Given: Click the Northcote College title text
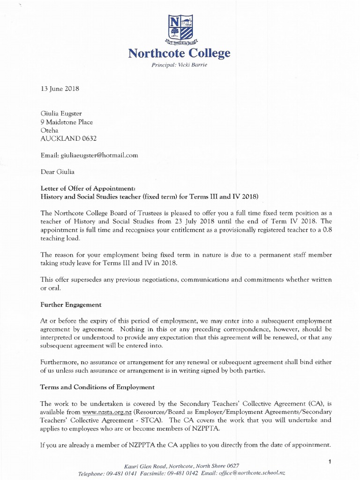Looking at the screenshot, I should [x=180, y=53].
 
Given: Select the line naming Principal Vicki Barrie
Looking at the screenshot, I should [x=180, y=65].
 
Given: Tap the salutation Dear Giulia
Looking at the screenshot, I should [x=57, y=171].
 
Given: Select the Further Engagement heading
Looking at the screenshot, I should [x=70, y=304].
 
